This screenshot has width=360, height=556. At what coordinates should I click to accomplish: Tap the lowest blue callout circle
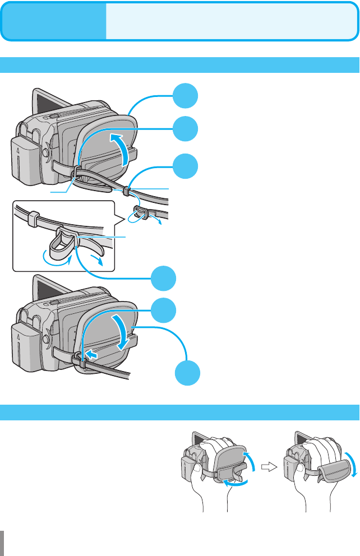point(186,373)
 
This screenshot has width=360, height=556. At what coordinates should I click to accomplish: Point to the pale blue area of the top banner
point(230,21)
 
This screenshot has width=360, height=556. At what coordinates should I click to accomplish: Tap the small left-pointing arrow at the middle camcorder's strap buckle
point(93,355)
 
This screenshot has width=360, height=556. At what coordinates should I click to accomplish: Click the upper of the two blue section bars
point(180,64)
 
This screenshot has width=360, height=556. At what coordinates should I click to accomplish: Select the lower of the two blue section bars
point(180,412)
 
